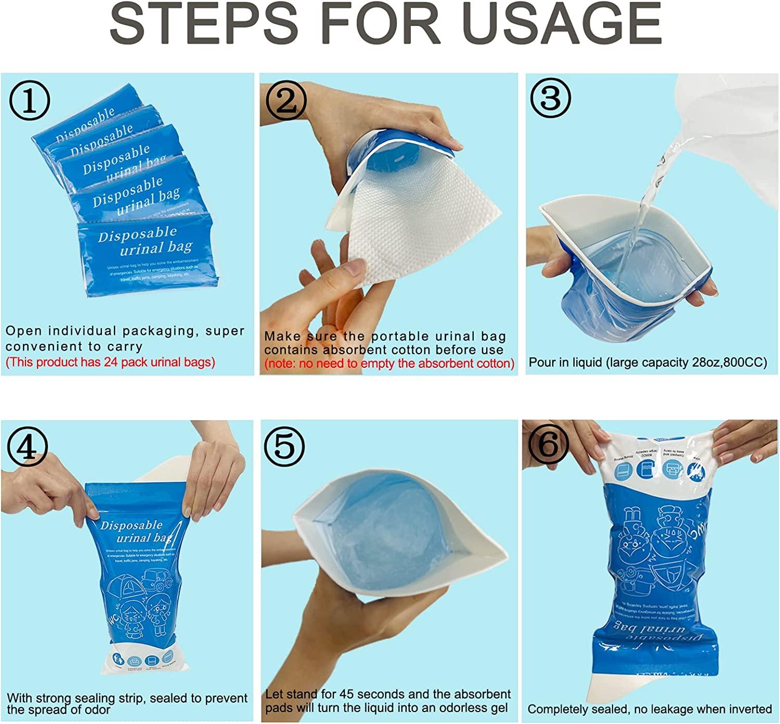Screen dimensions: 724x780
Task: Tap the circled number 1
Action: (30, 100)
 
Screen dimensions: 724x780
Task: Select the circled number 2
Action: (285, 100)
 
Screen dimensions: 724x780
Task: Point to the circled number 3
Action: (550, 97)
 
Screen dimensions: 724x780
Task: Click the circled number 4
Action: (28, 446)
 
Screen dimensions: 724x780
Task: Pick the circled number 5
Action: (284, 446)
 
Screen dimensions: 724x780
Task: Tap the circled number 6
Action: (548, 445)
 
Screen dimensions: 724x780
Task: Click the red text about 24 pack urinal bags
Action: (110, 362)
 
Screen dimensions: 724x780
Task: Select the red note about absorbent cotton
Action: (389, 364)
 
